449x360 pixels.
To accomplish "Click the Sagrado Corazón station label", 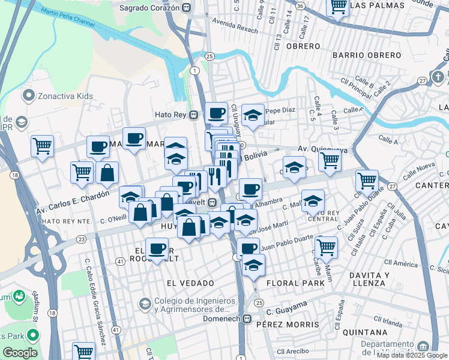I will [149, 8].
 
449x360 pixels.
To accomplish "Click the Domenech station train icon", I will [247, 319].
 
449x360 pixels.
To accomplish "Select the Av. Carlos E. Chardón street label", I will [73, 203].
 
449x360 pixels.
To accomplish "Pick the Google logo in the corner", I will [20, 353].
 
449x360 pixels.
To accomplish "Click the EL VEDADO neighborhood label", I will [190, 282].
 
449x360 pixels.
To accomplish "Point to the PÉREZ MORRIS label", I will [288, 324].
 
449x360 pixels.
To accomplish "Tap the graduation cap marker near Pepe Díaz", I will [253, 115].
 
